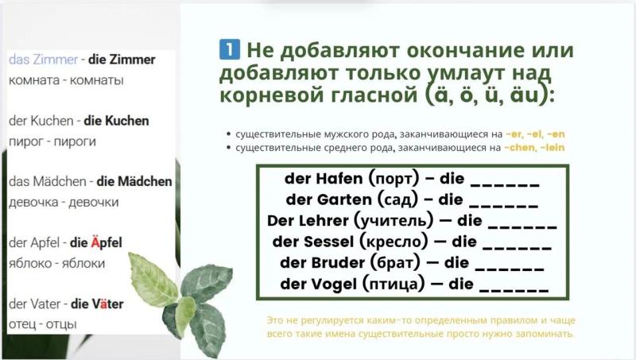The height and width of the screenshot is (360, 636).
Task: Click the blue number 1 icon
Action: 230,49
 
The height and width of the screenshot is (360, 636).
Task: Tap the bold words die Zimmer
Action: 122,60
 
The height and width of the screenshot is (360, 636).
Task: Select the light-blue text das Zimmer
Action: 43,60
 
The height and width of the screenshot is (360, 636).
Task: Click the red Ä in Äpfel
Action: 95,242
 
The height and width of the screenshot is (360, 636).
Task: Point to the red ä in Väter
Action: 104,304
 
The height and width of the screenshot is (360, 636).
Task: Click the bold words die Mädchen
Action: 134,181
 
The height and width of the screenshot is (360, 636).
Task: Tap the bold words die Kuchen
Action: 116,121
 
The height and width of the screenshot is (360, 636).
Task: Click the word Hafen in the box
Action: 339,178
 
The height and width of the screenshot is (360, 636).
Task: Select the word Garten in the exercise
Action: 344,199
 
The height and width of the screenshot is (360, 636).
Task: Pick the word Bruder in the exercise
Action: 338,263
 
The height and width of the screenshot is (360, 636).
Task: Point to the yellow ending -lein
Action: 552,148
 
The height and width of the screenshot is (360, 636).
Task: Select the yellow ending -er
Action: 514,134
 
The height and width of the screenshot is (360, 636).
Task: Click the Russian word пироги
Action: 75,141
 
